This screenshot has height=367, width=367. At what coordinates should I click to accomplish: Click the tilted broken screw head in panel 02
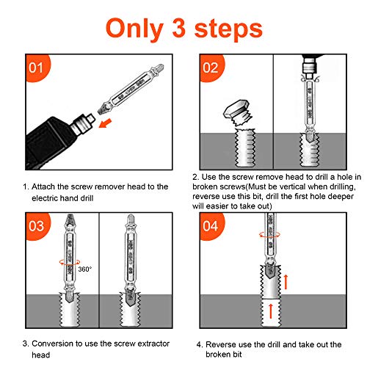pos(236,115)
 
